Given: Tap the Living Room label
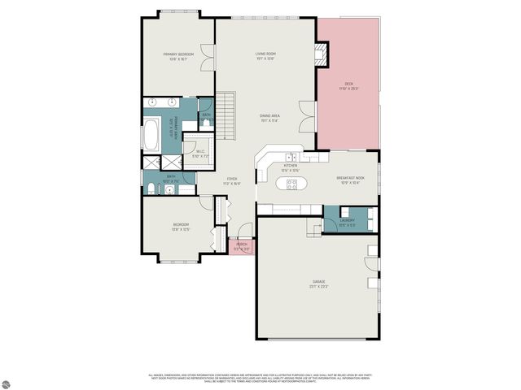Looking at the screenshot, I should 265,55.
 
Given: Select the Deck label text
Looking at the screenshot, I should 348,85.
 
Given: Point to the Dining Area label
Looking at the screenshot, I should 269,118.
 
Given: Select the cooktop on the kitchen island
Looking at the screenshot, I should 291,184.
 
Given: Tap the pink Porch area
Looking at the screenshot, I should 243,246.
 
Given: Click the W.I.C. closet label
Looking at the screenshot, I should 200,153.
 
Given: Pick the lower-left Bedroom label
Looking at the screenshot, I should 181,227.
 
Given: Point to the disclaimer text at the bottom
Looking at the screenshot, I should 260,378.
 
